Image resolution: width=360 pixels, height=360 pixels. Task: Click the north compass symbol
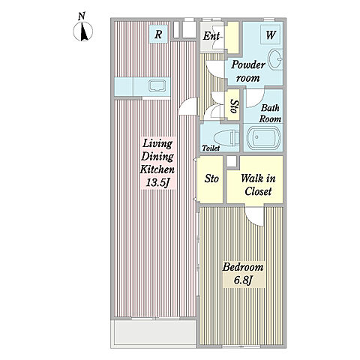tap(83, 31)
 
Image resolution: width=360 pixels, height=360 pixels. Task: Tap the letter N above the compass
tap(82, 16)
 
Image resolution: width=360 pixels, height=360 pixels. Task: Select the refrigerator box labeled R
tap(158, 34)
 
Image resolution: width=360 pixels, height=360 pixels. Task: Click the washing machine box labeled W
tap(270, 34)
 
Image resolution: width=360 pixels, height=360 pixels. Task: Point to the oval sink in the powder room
tap(275, 59)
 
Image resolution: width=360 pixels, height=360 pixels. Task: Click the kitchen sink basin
tap(157, 86)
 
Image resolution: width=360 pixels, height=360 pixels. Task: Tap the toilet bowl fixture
tap(226, 138)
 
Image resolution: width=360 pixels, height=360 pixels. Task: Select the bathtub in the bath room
tap(263, 138)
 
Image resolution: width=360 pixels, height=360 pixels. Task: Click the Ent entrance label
tap(211, 36)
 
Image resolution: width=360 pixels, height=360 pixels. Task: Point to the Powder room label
tap(248, 71)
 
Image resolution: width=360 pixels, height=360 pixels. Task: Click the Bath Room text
tap(270, 114)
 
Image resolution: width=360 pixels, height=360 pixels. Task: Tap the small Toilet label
tap(211, 148)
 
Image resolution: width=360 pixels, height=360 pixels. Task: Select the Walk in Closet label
tap(258, 185)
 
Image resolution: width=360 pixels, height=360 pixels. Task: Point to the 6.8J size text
tap(243, 280)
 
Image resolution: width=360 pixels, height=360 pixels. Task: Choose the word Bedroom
tap(243, 267)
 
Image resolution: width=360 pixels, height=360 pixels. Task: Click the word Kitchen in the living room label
tap(157, 169)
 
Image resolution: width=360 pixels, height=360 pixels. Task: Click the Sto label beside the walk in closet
tap(211, 178)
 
